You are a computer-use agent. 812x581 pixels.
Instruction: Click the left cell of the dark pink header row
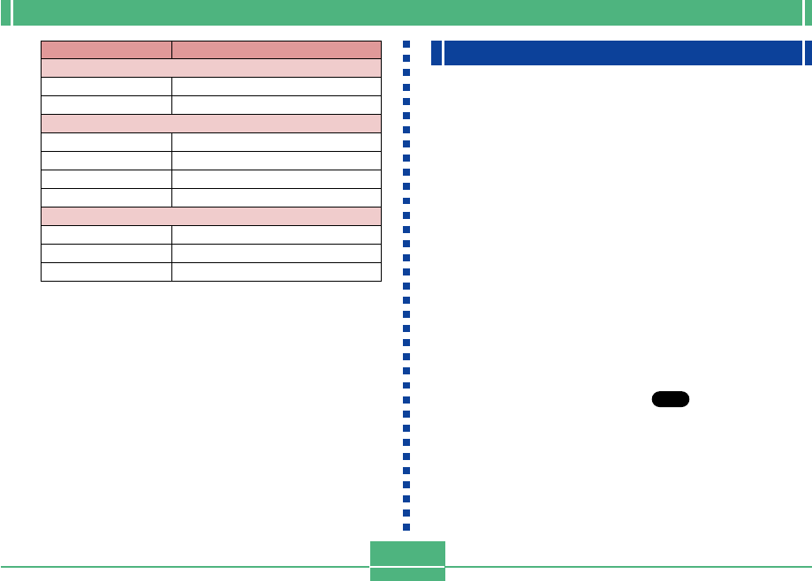[106, 49]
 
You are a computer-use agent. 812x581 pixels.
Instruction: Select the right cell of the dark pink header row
[276, 49]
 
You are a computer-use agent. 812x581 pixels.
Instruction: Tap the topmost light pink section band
[211, 68]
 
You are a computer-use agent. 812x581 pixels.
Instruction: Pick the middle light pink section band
[211, 124]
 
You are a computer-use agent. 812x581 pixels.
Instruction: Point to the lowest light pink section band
[211, 215]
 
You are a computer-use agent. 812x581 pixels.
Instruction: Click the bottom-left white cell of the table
[106, 271]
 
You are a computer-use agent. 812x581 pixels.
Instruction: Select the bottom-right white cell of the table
[276, 271]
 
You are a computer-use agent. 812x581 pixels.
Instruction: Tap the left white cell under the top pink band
[106, 87]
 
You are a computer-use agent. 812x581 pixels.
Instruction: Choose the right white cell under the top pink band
[276, 87]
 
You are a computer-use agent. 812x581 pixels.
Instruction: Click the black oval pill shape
[670, 400]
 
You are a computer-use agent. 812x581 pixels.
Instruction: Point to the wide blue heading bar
[622, 53]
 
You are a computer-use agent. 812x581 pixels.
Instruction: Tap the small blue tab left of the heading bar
[436, 53]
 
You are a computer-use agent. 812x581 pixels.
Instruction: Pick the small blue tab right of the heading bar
[808, 53]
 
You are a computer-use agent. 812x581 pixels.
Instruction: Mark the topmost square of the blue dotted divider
[406, 44]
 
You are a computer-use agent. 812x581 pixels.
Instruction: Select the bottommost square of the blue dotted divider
[406, 527]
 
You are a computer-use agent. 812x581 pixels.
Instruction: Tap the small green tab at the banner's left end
[6, 12]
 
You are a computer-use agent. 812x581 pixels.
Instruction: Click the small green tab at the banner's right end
[806, 12]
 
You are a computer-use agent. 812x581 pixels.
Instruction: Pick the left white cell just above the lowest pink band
[106, 197]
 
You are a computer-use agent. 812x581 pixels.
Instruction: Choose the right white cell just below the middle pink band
[276, 142]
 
